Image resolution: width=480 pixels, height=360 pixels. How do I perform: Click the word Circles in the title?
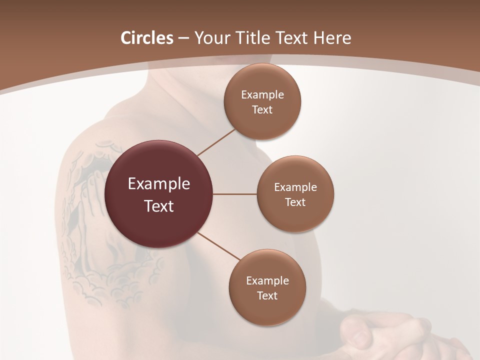click(146, 38)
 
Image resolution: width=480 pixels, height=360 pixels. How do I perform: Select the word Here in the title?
click(332, 38)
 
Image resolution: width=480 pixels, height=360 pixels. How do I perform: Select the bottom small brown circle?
click(267, 310)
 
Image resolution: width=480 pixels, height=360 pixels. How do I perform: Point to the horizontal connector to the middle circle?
click(235, 194)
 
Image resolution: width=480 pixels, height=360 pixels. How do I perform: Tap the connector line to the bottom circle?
click(219, 246)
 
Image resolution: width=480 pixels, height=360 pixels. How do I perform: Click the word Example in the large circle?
click(159, 184)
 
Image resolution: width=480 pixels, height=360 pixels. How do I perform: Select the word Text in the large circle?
click(159, 206)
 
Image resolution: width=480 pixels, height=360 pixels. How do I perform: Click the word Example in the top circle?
click(262, 95)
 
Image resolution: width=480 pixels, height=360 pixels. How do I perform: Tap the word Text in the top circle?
click(262, 110)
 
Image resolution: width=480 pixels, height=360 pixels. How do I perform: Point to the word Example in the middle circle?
click(295, 187)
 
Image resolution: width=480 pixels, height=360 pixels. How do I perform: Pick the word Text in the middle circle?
click(295, 202)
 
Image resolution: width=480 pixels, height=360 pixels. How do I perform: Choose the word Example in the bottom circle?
click(267, 281)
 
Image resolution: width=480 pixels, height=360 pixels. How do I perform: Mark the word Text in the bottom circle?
click(267, 296)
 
